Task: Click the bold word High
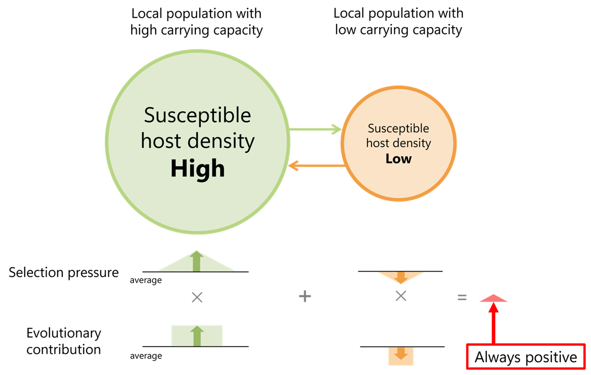tap(198, 169)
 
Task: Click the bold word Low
tap(399, 159)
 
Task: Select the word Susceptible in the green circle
tap(198, 115)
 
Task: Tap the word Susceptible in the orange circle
tap(399, 128)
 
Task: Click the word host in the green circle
tap(161, 141)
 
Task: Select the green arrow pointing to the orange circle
tap(316, 129)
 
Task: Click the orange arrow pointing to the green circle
tap(316, 166)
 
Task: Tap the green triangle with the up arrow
tap(196, 263)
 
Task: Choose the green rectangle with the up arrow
tap(197, 335)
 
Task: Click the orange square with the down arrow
tap(401, 356)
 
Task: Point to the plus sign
tap(305, 296)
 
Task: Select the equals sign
tap(462, 297)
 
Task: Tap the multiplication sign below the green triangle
tap(197, 297)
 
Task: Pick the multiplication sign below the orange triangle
tap(401, 296)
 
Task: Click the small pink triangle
tap(494, 299)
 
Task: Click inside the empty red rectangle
tap(526, 356)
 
